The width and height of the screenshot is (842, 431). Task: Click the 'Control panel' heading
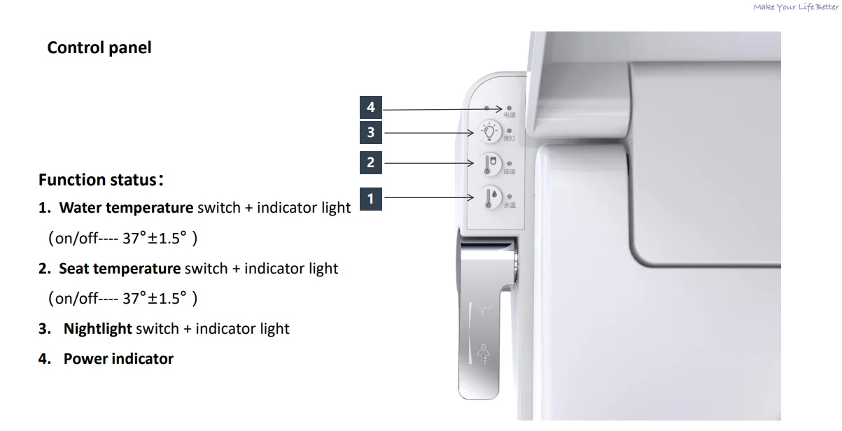tap(99, 48)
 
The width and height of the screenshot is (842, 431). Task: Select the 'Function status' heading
tap(98, 180)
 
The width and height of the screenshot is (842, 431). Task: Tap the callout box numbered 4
tap(371, 108)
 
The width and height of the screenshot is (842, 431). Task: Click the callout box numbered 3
tap(371, 132)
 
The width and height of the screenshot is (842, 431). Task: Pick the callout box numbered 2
tap(371, 163)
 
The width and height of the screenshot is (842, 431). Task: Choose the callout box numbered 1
tap(371, 199)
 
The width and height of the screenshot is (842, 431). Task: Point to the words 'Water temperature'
tap(126, 208)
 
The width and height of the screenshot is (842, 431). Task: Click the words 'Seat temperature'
tap(120, 269)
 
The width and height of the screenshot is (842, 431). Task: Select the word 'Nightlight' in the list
tap(97, 329)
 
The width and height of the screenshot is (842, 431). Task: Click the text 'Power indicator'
tap(118, 359)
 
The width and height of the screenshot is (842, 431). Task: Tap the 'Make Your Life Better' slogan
tap(795, 7)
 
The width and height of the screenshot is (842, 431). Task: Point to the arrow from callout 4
tap(441, 109)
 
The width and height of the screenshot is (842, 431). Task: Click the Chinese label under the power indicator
tap(510, 115)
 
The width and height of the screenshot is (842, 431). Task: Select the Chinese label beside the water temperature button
tap(510, 206)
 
